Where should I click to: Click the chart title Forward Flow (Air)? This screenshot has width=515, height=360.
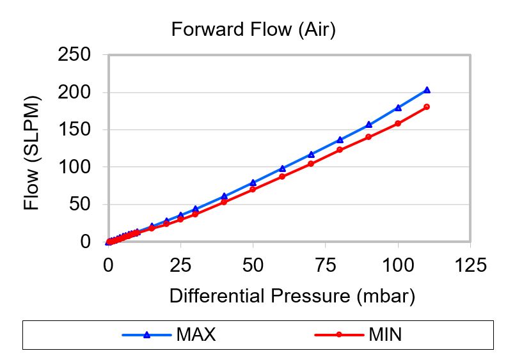point(253,30)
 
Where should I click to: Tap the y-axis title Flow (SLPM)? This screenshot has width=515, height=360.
point(31,153)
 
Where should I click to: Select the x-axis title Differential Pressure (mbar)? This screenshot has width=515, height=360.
point(292,296)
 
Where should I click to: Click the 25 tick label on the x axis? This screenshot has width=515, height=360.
point(180,264)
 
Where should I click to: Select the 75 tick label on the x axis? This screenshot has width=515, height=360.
point(325,264)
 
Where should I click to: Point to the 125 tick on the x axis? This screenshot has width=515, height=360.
point(470,264)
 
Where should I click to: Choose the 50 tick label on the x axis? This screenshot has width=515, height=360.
point(253,264)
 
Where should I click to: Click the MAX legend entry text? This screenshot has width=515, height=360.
point(196,334)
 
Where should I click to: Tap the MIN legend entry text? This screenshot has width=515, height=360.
point(386,334)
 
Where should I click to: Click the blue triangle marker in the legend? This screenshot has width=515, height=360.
point(147,334)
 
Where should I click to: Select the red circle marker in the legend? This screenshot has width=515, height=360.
point(339,334)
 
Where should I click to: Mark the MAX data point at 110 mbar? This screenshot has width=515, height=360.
point(427,90)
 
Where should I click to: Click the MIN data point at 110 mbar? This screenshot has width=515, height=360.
point(427,107)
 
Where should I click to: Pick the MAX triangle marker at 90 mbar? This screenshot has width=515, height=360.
point(368,125)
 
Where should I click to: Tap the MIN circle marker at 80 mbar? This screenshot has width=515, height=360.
point(340,150)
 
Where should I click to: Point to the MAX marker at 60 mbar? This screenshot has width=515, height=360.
point(282,169)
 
